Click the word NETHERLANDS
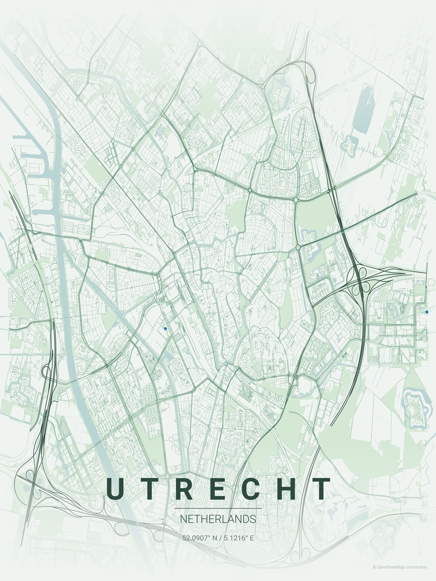click(218, 519)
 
